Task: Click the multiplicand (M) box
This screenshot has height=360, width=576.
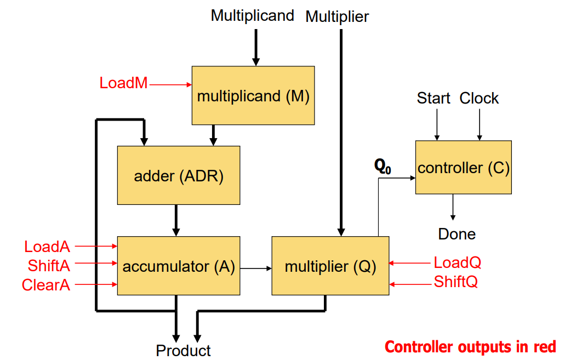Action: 253,95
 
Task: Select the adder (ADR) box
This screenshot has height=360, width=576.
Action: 179,175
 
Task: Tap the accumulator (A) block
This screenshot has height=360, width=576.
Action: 179,266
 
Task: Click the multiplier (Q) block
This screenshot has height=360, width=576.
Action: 330,266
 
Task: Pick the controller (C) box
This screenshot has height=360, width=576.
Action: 463,167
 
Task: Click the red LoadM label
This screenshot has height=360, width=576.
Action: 123,83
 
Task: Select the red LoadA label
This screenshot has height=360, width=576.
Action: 47,247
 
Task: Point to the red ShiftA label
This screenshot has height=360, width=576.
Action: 49,266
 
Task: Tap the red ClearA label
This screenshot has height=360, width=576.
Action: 46,285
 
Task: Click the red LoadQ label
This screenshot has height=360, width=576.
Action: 458,262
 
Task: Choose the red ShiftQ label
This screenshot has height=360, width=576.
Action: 455,282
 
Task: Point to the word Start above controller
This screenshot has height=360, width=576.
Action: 433,99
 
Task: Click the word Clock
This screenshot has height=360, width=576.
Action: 479,99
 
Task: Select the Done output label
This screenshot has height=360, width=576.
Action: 457,234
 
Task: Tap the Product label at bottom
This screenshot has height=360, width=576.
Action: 183,351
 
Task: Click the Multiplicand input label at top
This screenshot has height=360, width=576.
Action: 252,15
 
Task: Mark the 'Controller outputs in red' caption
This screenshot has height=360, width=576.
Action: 470,346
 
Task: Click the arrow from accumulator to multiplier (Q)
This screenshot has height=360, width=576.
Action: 256,268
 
